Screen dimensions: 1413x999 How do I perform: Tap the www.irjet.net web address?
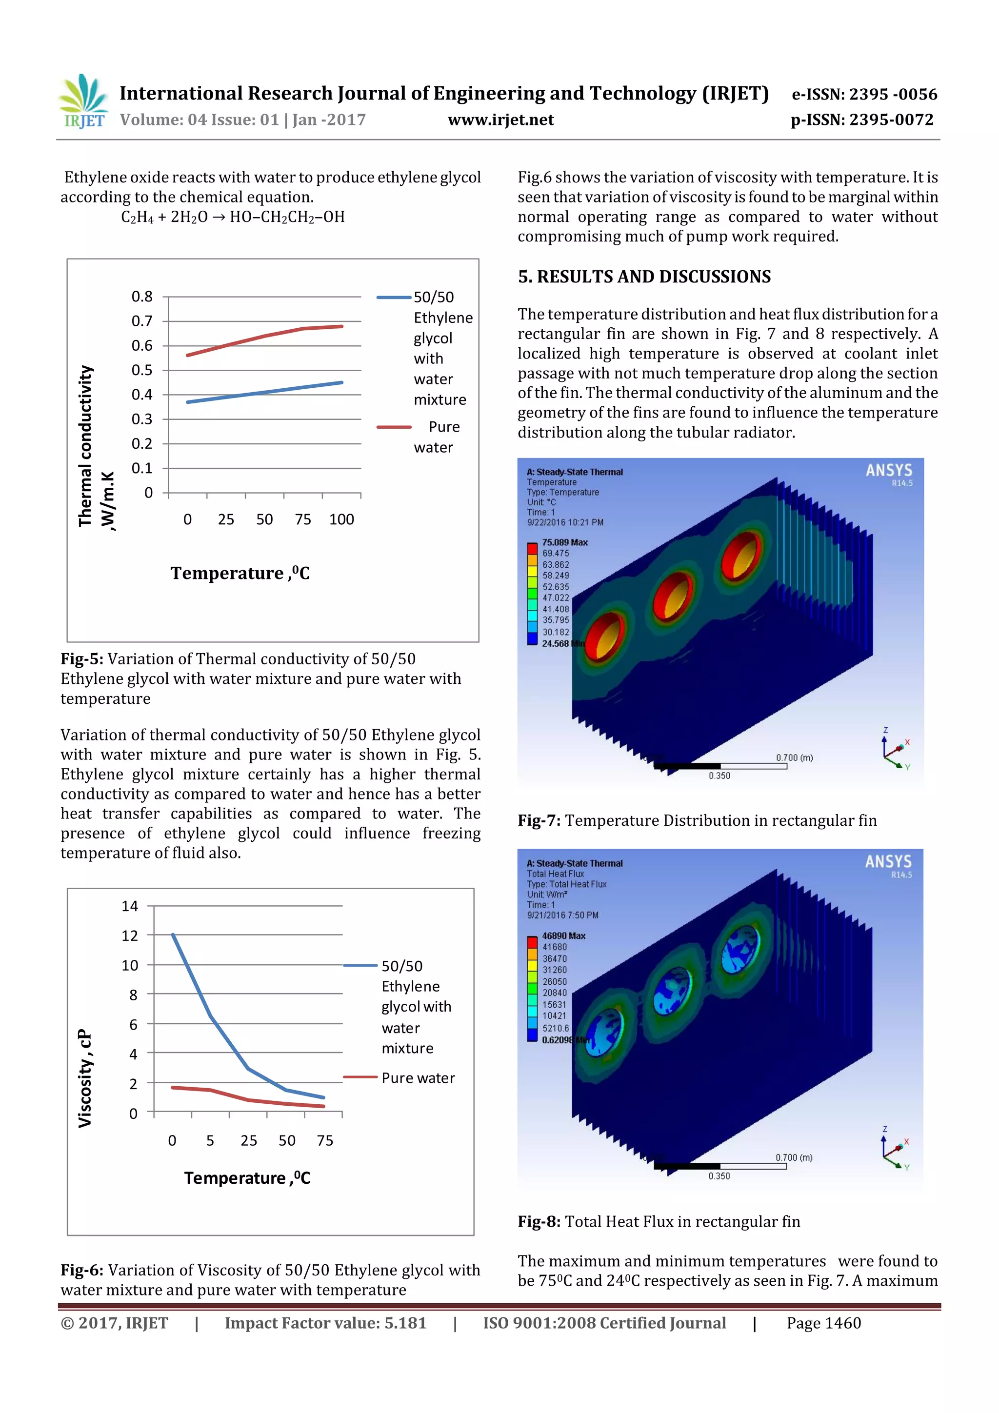pos(500,120)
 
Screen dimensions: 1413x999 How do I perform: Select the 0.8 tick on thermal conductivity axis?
pos(142,297)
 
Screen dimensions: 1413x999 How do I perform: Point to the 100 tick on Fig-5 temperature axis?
pos(341,519)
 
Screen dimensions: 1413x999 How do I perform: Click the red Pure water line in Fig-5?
pos(265,336)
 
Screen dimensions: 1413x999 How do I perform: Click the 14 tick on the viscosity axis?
pos(130,906)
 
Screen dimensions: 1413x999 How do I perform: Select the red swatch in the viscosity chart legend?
pos(360,1077)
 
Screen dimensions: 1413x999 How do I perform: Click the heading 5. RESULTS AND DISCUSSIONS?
pos(644,277)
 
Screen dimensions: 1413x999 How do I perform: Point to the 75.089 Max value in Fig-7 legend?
pos(564,542)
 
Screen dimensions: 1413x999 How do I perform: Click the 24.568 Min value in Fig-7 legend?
pos(556,644)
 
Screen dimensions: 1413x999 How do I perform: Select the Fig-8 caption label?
pos(539,1222)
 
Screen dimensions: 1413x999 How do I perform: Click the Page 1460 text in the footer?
pos(823,1323)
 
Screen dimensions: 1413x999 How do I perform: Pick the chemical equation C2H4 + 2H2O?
pos(233,217)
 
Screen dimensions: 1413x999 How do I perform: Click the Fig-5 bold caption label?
pos(82,659)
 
